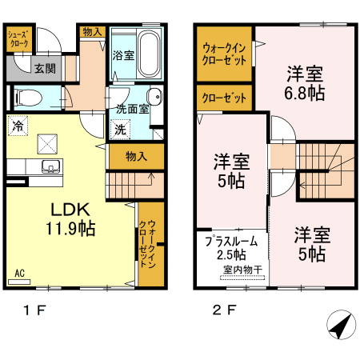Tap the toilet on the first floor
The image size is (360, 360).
pyautogui.click(x=28, y=98)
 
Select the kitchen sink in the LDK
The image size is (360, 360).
pyautogui.click(x=50, y=166)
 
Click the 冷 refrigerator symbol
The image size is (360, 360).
pyautogui.click(x=18, y=126)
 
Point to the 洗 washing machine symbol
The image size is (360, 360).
pyautogui.click(x=121, y=130)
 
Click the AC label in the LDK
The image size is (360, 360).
pyautogui.click(x=19, y=273)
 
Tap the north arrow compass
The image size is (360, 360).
pyautogui.click(x=341, y=325)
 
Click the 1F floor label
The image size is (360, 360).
pyautogui.click(x=34, y=310)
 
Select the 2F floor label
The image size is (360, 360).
pyautogui.click(x=224, y=310)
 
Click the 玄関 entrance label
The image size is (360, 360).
pyautogui.click(x=45, y=69)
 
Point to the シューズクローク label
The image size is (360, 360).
pyautogui.click(x=18, y=39)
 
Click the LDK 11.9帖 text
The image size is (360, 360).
pyautogui.click(x=70, y=219)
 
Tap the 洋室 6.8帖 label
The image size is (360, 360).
pyautogui.click(x=305, y=83)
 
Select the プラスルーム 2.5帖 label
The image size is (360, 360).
pyautogui.click(x=231, y=248)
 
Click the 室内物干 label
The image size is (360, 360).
pyautogui.click(x=242, y=270)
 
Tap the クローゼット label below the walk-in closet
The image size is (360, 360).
pyautogui.click(x=224, y=98)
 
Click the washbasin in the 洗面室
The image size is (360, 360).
pyautogui.click(x=154, y=96)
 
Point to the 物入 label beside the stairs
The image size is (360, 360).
pyautogui.click(x=136, y=156)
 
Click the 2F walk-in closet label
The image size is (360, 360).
pyautogui.click(x=224, y=54)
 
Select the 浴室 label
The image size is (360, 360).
pyautogui.click(x=123, y=55)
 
